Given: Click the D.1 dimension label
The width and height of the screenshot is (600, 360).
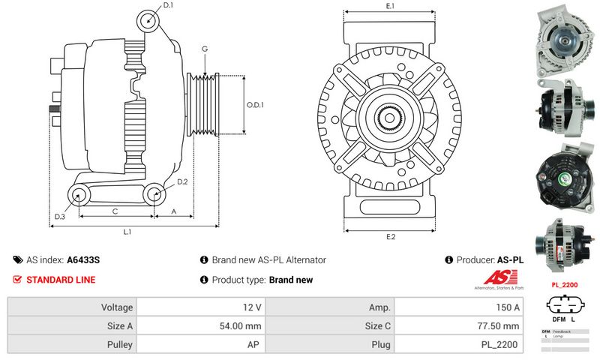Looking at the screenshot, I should pyautogui.click(x=168, y=6).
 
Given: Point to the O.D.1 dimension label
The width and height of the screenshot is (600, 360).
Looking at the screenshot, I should pyautogui.click(x=256, y=105).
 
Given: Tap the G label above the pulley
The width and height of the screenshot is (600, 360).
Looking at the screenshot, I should pyautogui.click(x=204, y=49).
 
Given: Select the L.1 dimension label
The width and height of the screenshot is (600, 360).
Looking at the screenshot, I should pyautogui.click(x=127, y=232).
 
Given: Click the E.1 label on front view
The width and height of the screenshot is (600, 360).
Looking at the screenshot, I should pyautogui.click(x=390, y=6).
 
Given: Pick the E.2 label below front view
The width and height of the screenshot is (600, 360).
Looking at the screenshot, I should pyautogui.click(x=390, y=238).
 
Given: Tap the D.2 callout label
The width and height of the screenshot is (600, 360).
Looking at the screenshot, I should pyautogui.click(x=182, y=182).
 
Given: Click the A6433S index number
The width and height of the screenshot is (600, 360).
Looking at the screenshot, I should pyautogui.click(x=83, y=260).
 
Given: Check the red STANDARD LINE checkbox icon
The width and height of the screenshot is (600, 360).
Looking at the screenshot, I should pyautogui.click(x=18, y=280).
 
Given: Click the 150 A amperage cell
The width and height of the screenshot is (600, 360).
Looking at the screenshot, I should pyautogui.click(x=507, y=307).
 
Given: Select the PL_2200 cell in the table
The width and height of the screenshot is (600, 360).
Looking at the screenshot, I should pyautogui.click(x=500, y=345).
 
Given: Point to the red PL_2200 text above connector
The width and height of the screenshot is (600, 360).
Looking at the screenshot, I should pyautogui.click(x=564, y=285).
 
